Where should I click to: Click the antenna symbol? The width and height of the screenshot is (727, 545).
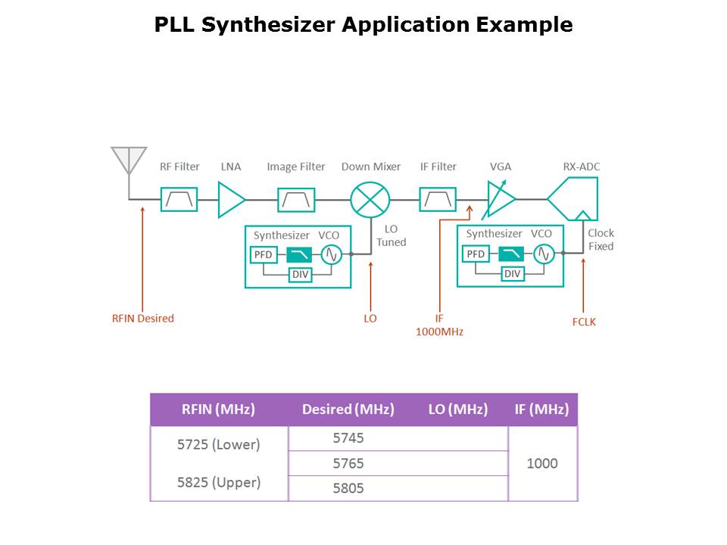pyautogui.click(x=129, y=160)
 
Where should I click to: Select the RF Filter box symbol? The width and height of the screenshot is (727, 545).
pyautogui.click(x=179, y=199)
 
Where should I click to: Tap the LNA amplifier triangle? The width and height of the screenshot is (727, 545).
pyautogui.click(x=230, y=199)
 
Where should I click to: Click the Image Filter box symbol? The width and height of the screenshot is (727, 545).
pyautogui.click(x=296, y=199)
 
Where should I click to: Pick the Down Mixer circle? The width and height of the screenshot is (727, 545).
pyautogui.click(x=370, y=199)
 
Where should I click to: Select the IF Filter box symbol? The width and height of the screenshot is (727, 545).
pyautogui.click(x=438, y=199)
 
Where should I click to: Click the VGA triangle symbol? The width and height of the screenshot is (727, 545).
pyautogui.click(x=500, y=199)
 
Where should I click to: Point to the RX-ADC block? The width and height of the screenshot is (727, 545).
pyautogui.click(x=574, y=198)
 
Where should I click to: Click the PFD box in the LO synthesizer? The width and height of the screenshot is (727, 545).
pyautogui.click(x=263, y=254)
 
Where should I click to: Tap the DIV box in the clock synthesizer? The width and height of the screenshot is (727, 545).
pyautogui.click(x=513, y=273)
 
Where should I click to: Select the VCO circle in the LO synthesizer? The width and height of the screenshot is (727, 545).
pyautogui.click(x=330, y=254)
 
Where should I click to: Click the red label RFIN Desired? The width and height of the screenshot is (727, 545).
pyautogui.click(x=143, y=319)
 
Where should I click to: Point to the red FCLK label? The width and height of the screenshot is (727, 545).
pyautogui.click(x=584, y=322)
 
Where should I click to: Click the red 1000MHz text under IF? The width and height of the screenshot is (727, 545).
pyautogui.click(x=439, y=332)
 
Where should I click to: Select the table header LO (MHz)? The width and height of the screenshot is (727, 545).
pyautogui.click(x=457, y=410)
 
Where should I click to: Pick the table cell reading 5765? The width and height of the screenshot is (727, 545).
pyautogui.click(x=348, y=463)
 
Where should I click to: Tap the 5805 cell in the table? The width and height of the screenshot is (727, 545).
pyautogui.click(x=348, y=488)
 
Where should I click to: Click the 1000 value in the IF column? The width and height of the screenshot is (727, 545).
pyautogui.click(x=542, y=463)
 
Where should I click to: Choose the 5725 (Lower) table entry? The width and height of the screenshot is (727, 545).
pyautogui.click(x=218, y=444)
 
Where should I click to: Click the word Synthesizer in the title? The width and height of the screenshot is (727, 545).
pyautogui.click(x=262, y=25)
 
